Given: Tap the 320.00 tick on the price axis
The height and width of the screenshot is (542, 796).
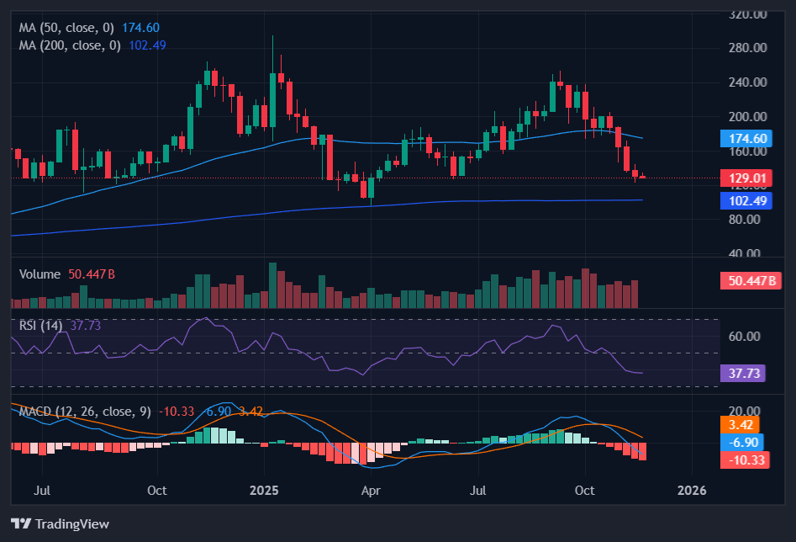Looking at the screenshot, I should (748, 14).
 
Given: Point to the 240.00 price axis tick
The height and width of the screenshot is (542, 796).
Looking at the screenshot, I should (748, 82).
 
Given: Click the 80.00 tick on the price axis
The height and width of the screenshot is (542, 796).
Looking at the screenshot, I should (748, 220).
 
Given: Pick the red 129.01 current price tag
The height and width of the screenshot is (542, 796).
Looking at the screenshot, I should (746, 178).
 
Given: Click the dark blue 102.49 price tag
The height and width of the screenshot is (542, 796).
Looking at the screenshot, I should (746, 201).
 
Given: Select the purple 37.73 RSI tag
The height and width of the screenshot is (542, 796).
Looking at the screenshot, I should (742, 374).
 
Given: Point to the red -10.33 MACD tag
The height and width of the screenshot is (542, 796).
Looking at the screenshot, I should (746, 460).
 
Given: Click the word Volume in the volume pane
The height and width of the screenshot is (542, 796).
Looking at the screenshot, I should (40, 274).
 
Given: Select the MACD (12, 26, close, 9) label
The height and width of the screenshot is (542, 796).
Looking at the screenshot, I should (84, 412).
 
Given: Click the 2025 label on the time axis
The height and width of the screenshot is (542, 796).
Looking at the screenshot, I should (264, 490).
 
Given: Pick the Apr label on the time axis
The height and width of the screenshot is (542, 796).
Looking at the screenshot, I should (371, 490).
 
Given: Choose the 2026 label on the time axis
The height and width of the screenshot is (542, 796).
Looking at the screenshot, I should (691, 490).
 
